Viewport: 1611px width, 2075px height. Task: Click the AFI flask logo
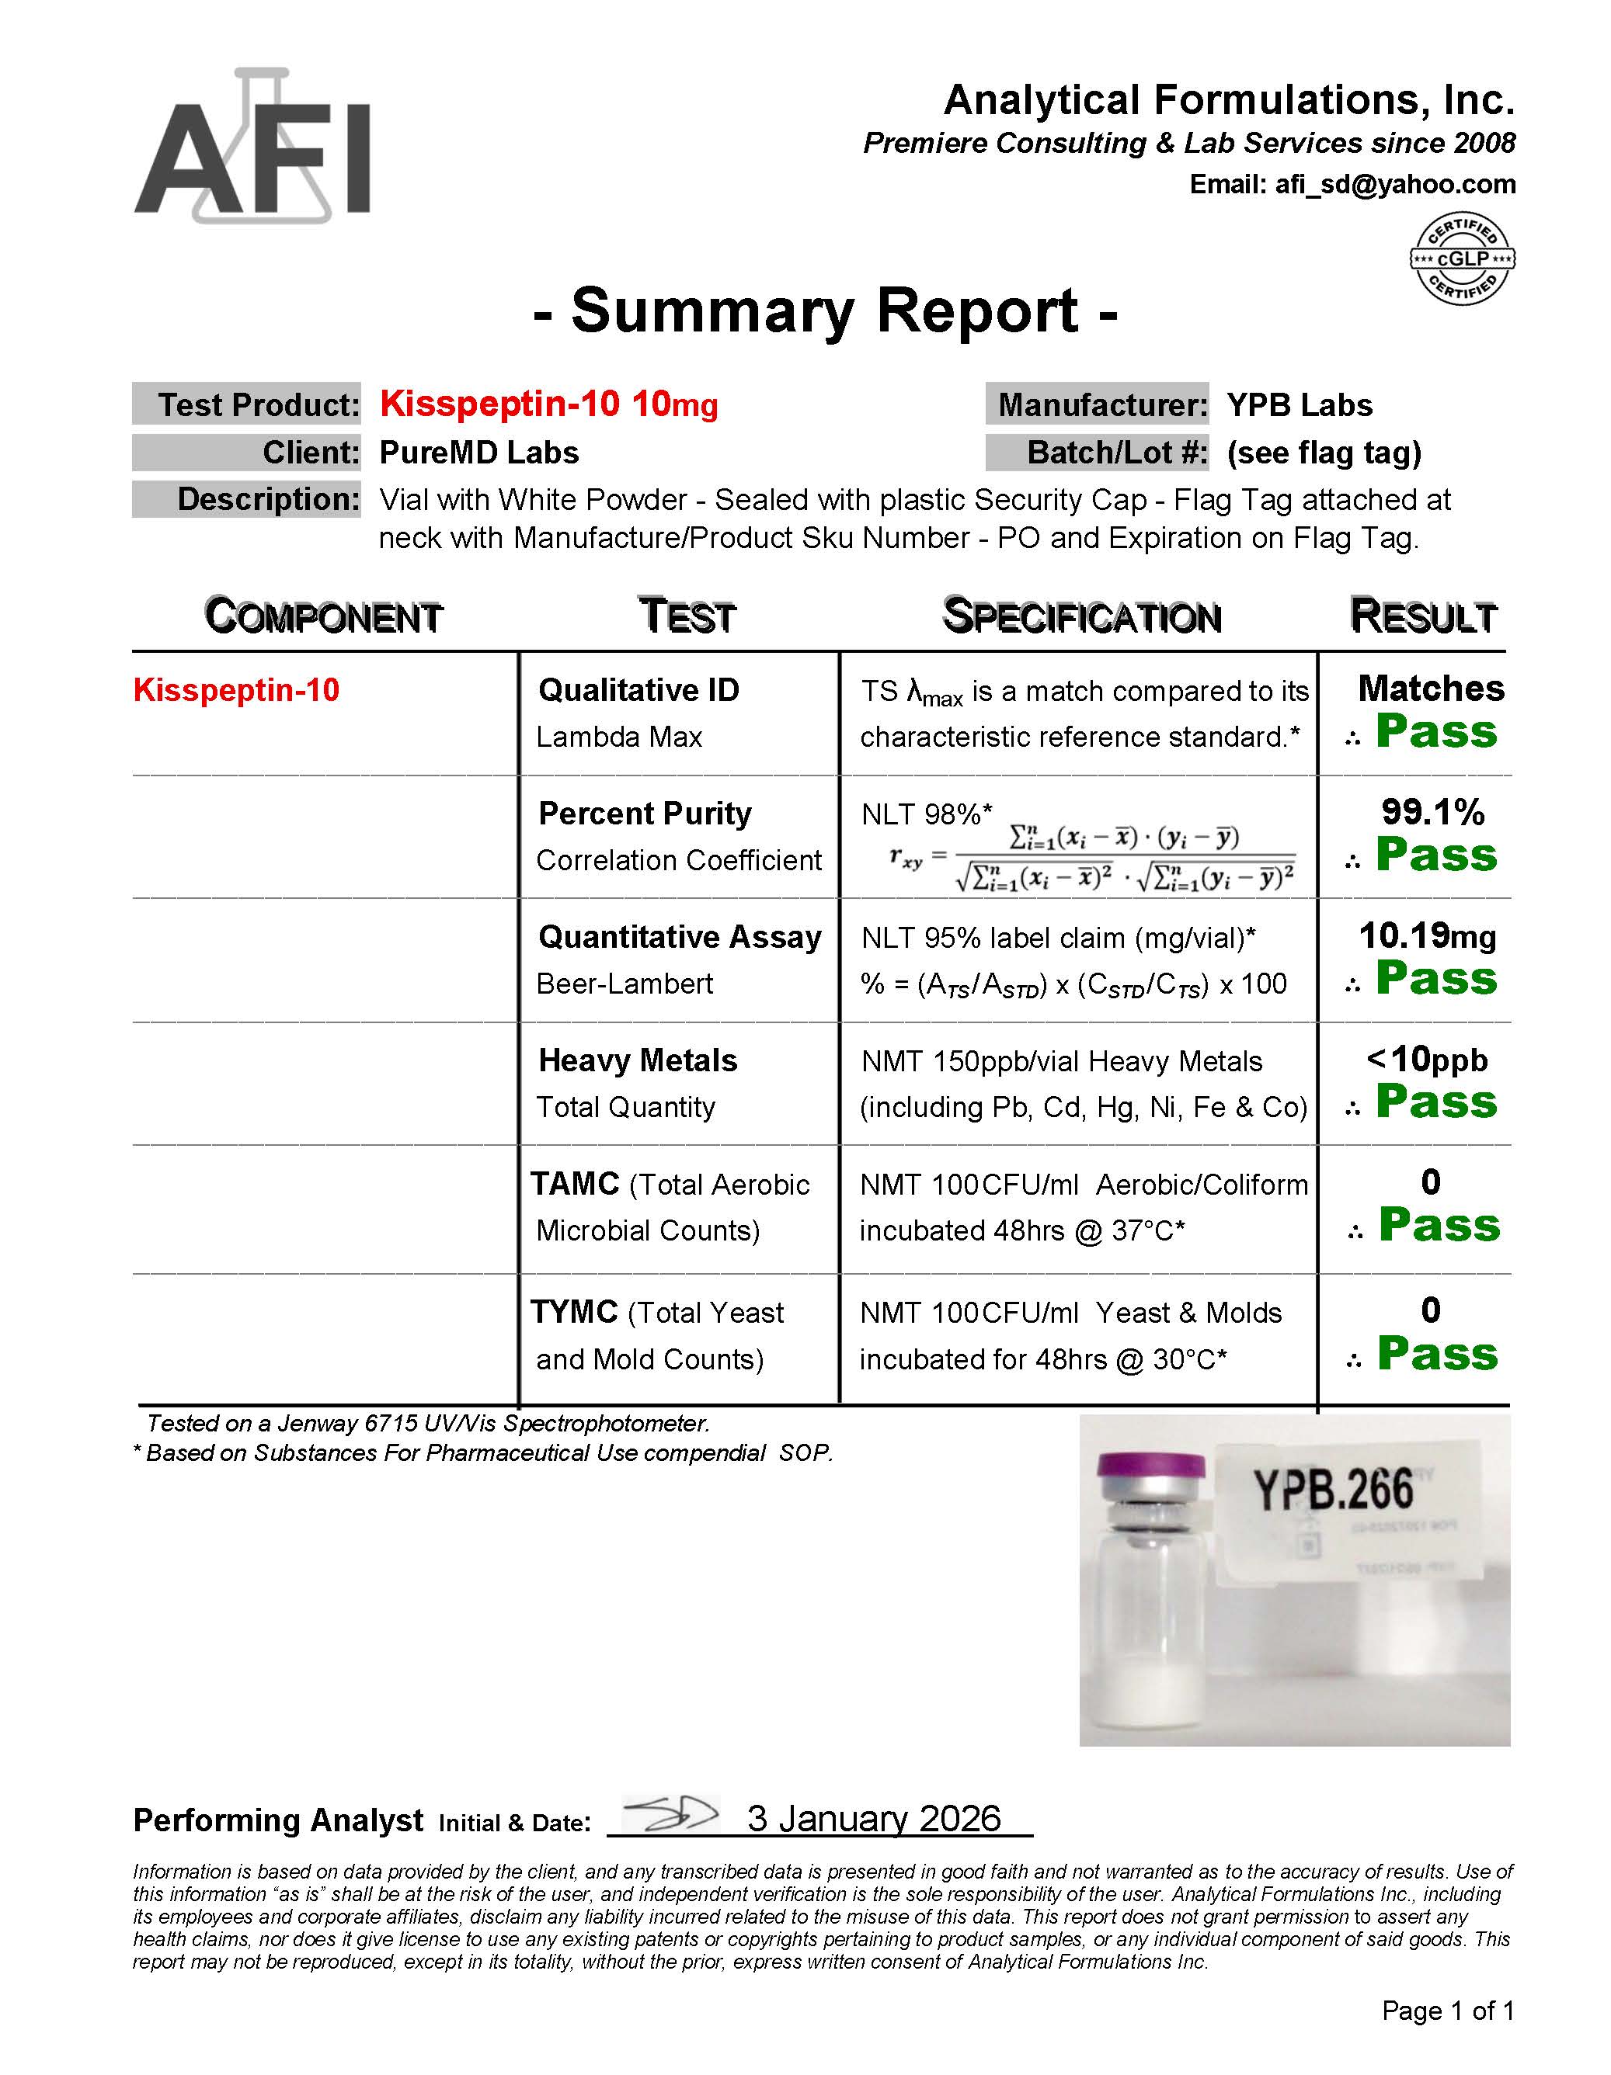(252, 147)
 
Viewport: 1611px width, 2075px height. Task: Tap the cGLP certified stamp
(1462, 259)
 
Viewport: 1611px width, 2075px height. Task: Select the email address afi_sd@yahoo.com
(1394, 184)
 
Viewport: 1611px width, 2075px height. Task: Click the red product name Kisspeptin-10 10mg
(548, 404)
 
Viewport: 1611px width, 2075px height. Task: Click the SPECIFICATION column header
(1081, 616)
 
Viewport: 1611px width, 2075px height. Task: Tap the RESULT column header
(1423, 616)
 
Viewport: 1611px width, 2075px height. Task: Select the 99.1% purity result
(1432, 811)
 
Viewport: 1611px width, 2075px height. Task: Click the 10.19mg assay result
(1428, 936)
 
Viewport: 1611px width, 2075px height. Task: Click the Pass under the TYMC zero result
(1437, 1353)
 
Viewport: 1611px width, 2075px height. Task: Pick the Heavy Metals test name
(638, 1060)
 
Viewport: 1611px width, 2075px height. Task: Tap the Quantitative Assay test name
(680, 937)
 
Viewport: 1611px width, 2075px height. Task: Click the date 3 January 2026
(873, 1819)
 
